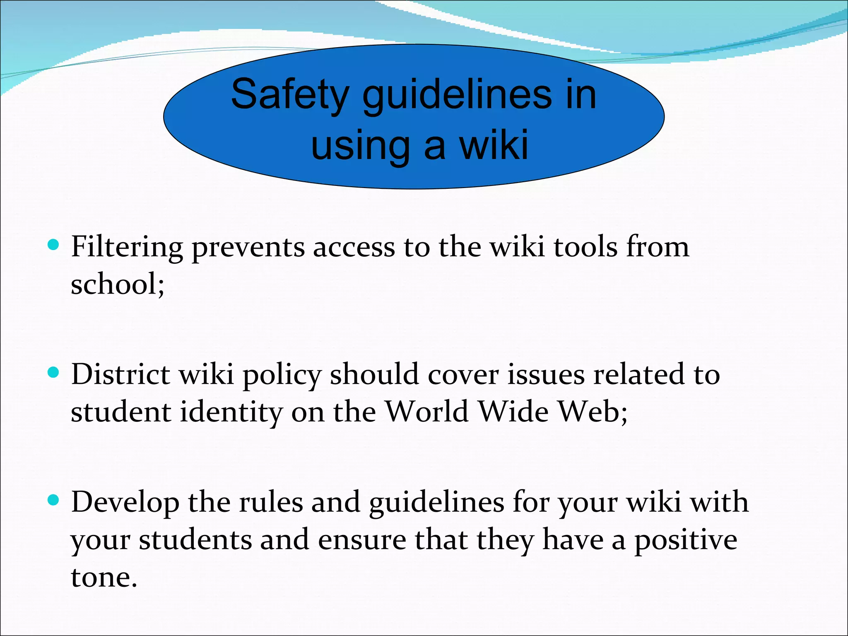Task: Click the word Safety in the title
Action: (289, 95)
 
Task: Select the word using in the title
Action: (360, 146)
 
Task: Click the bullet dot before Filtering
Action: (53, 245)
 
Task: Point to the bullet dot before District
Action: (53, 372)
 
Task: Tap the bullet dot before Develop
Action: (53, 500)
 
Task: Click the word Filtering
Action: (127, 248)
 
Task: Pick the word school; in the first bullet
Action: (118, 284)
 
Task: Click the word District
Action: (120, 374)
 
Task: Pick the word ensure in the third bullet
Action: (362, 540)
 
